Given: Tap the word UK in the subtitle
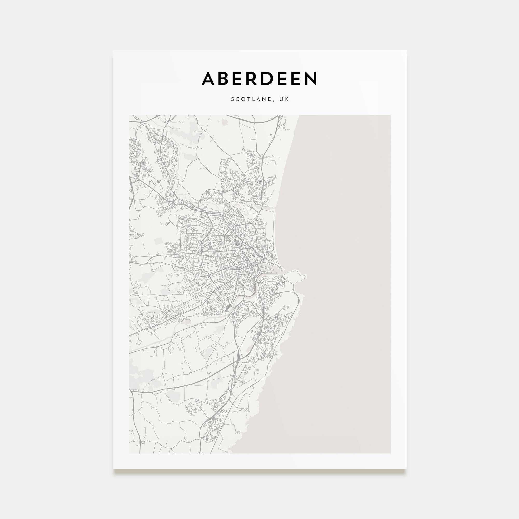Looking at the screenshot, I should [x=284, y=99].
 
